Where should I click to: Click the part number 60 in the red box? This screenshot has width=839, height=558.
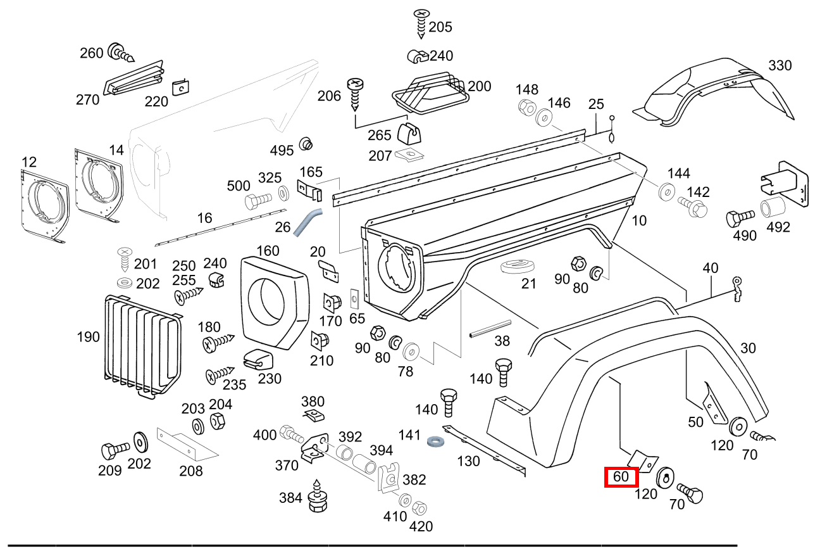point(621,476)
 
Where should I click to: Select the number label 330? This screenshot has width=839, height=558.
point(780,66)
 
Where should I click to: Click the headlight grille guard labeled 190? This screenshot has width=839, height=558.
point(142,345)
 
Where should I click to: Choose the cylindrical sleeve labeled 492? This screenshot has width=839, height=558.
point(773,208)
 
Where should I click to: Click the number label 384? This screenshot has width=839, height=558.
point(290,498)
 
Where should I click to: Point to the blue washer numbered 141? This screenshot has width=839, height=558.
point(435,440)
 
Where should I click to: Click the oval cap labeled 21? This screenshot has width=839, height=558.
point(518,266)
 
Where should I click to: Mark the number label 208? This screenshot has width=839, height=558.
point(190,471)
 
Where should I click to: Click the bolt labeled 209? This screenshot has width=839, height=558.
point(115,452)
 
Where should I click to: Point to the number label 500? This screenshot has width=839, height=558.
point(239,186)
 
